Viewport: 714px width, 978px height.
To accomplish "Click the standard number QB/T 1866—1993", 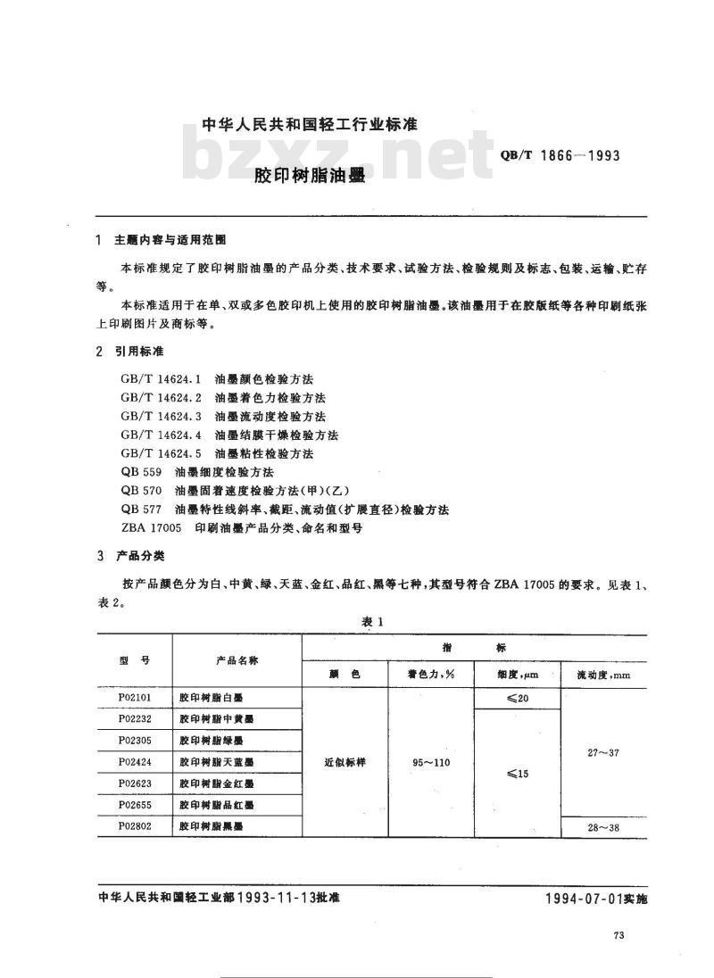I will tap(555, 154).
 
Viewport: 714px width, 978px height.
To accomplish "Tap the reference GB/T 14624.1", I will tap(162, 379).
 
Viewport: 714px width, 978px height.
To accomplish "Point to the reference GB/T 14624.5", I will tap(162, 453).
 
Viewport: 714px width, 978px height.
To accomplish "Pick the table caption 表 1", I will tap(372, 622).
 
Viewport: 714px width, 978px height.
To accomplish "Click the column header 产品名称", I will tap(237, 660).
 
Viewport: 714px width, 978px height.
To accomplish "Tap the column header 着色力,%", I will tap(432, 675).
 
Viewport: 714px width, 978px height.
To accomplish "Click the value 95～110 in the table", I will tap(432, 763).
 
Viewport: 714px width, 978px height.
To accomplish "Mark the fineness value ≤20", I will tap(517, 698).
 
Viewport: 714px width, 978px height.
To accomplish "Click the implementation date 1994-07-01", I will tap(584, 899).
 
